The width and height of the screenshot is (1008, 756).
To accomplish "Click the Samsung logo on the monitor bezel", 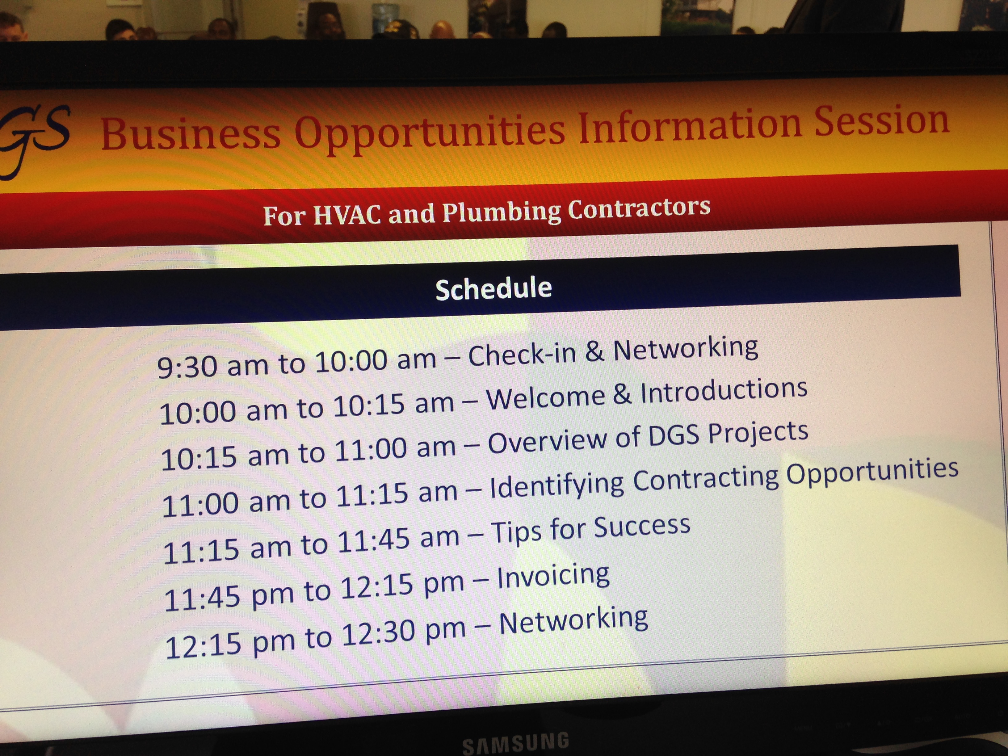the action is click(515, 743).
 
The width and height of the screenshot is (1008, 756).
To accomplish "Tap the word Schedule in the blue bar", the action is click(493, 288).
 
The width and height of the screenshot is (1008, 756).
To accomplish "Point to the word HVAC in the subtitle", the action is click(347, 214).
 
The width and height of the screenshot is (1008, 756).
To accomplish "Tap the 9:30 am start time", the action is click(212, 365).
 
